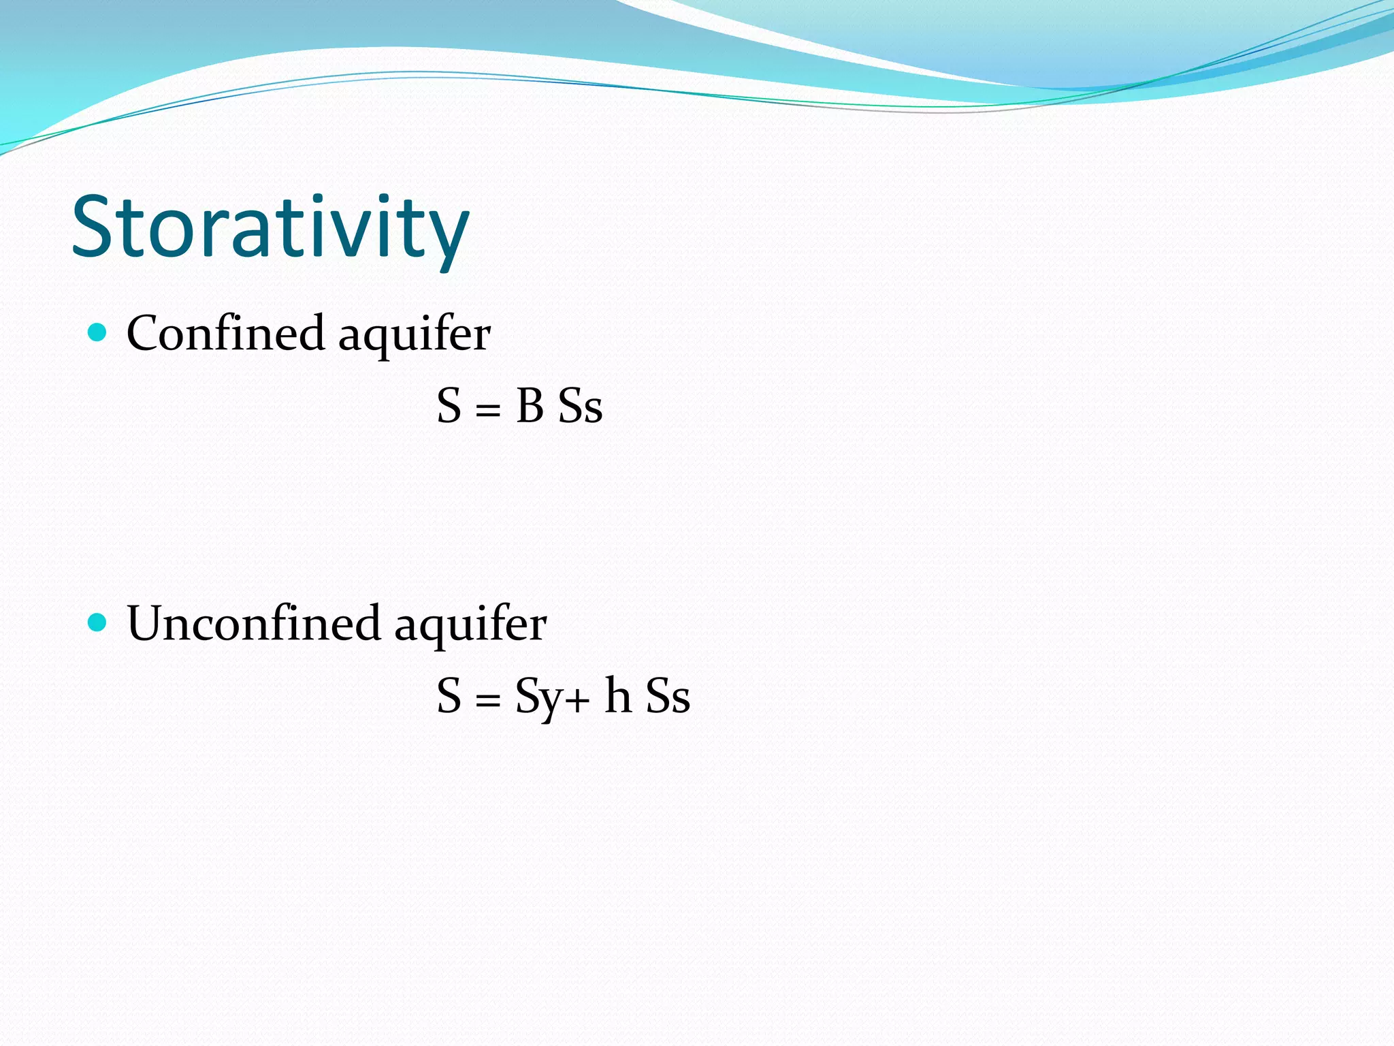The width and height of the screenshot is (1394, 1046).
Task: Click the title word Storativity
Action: (x=270, y=227)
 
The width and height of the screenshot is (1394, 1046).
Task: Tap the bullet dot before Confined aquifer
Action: (x=98, y=332)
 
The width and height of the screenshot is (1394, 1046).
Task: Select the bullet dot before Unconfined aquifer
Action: (x=98, y=622)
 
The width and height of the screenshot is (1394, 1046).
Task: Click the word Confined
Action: (x=225, y=333)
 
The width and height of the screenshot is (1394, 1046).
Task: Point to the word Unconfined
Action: (x=253, y=623)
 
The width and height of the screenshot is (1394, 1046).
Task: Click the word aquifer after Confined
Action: (x=415, y=336)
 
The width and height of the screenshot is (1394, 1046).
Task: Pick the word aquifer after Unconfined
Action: (x=470, y=626)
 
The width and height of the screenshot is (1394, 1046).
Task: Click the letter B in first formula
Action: (x=530, y=407)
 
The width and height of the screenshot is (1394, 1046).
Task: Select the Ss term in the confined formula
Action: (x=580, y=407)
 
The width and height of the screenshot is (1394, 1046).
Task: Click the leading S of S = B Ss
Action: (x=449, y=407)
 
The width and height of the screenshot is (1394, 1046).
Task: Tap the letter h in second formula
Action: (x=618, y=695)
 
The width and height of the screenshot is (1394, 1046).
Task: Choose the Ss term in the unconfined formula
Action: (x=668, y=697)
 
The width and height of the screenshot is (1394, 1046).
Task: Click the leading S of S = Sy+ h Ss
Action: (x=449, y=696)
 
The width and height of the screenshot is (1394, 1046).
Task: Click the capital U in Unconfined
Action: (x=149, y=623)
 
